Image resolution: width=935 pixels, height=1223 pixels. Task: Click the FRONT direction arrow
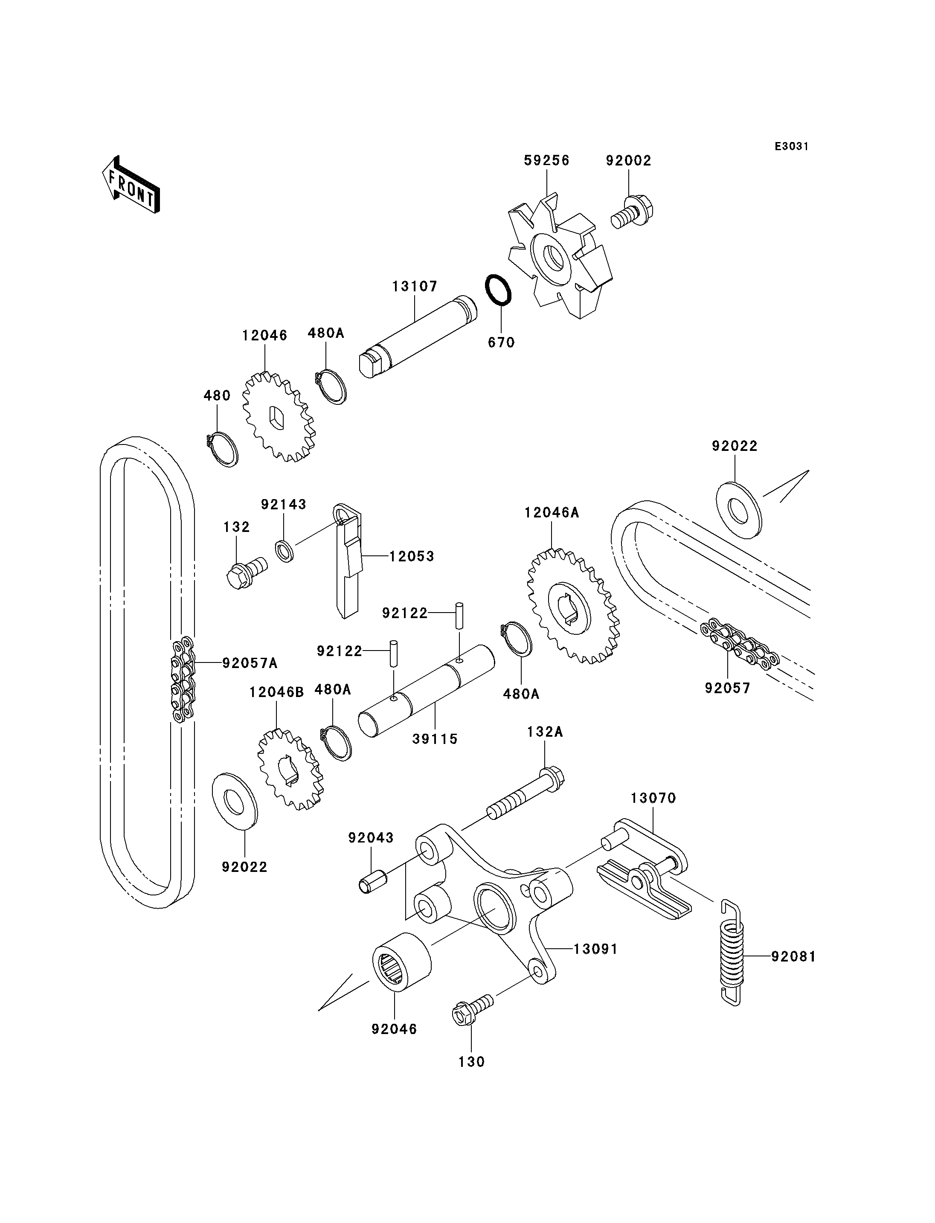coord(131,186)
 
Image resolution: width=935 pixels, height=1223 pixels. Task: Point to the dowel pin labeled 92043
coord(373,882)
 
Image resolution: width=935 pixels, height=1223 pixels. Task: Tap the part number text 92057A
coord(250,662)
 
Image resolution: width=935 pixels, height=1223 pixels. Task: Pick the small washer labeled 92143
coord(285,550)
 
